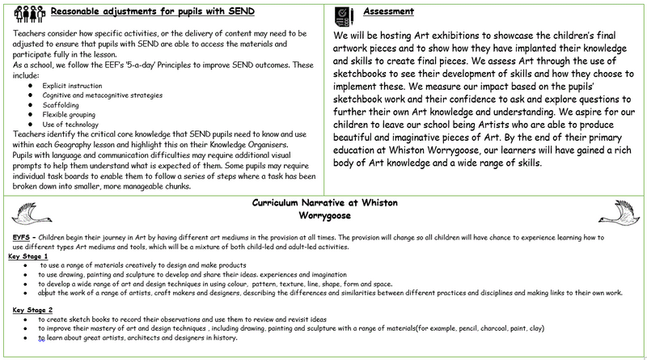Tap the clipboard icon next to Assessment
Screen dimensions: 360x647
[343, 13]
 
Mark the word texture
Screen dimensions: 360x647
[302, 284]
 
